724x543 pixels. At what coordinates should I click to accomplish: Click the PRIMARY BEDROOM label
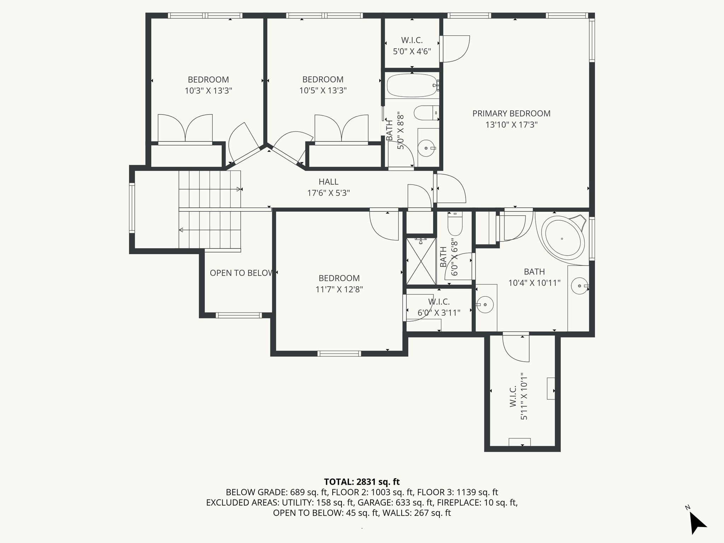click(x=511, y=113)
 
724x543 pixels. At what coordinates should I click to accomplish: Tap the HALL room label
click(x=328, y=182)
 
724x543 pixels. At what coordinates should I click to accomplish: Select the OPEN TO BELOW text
click(x=242, y=273)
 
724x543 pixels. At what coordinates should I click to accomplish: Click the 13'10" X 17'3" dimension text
click(x=511, y=125)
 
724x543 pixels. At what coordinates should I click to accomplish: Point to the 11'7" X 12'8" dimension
click(x=339, y=290)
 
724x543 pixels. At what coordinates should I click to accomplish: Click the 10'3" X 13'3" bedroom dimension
click(x=208, y=91)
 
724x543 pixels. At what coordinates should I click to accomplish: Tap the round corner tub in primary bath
click(x=563, y=237)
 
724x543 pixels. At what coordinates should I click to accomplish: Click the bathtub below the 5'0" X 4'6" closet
click(x=412, y=85)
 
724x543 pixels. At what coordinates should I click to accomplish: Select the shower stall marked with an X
click(x=421, y=261)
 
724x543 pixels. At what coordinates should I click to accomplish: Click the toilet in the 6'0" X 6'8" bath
click(x=455, y=224)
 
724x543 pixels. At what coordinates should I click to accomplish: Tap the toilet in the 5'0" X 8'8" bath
click(x=426, y=113)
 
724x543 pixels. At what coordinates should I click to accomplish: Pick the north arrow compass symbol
click(x=697, y=522)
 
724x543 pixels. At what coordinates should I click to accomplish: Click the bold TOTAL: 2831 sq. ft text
click(x=362, y=481)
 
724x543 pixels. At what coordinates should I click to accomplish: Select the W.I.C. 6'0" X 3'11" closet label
click(x=439, y=307)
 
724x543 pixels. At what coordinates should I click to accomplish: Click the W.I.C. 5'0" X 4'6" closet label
click(x=412, y=46)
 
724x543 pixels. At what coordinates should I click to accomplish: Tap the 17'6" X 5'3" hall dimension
click(x=328, y=193)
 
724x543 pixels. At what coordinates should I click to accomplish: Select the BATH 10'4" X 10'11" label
click(x=534, y=277)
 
